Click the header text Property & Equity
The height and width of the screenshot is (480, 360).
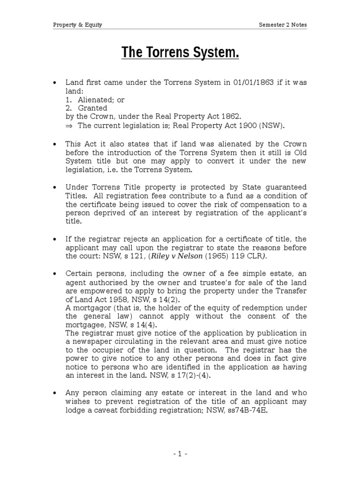click(x=77, y=25)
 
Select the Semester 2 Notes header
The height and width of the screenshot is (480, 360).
click(x=283, y=25)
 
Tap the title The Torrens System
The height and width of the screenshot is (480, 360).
click(x=180, y=53)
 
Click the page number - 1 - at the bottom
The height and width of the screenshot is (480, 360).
click(x=180, y=454)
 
